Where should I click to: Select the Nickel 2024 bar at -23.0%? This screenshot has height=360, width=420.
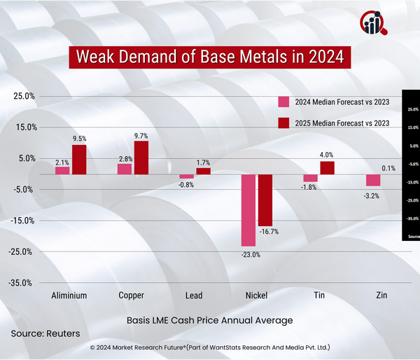[248, 210]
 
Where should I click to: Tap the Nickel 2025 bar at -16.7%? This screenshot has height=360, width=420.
[265, 200]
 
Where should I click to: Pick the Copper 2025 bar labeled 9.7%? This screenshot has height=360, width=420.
[141, 158]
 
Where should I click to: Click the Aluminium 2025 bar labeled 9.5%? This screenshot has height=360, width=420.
[79, 159]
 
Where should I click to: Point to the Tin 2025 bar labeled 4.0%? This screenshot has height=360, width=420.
[327, 167]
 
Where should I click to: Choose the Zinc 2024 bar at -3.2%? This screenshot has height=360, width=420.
[373, 180]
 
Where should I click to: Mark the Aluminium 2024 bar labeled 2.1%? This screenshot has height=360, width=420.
[62, 170]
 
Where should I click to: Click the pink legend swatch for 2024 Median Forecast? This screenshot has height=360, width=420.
[284, 102]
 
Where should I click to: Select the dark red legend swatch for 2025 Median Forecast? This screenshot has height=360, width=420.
[284, 123]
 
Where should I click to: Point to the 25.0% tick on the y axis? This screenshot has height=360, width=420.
[24, 97]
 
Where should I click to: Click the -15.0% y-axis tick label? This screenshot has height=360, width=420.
[22, 221]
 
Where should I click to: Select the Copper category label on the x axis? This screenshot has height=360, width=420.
[132, 296]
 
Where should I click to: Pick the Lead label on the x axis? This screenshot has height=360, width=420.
[194, 296]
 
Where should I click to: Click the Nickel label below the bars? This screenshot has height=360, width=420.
[256, 296]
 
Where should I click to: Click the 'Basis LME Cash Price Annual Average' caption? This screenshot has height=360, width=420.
[209, 319]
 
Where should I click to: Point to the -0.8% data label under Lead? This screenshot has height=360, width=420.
[185, 184]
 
